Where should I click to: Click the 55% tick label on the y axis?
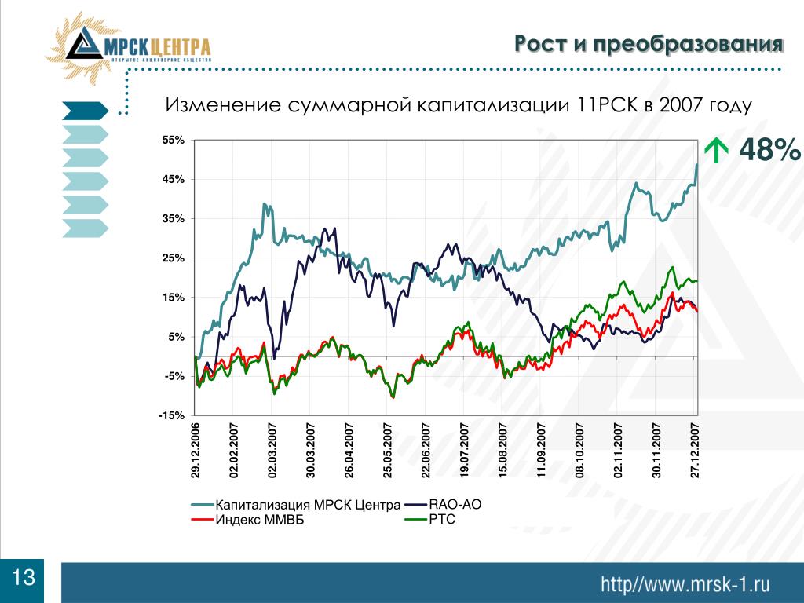tap(174, 141)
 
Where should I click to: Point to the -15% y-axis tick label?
tap(172, 416)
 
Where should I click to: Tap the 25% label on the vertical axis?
tap(174, 258)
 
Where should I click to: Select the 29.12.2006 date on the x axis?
tap(195, 449)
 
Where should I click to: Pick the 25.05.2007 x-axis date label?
tap(387, 449)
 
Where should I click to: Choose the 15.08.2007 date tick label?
tap(503, 449)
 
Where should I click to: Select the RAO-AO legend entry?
tap(455, 505)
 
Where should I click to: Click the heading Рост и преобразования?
tap(649, 45)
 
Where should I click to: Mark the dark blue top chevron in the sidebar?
tap(83, 111)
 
